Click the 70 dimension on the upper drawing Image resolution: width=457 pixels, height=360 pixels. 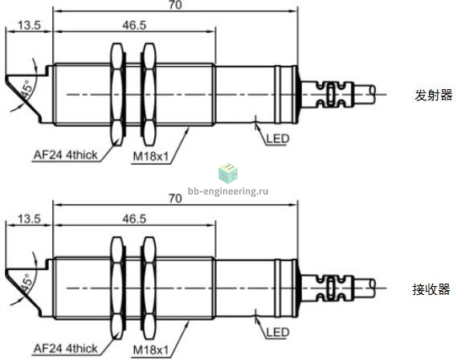click(x=175, y=5)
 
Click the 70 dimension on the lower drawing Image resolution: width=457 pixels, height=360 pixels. click(x=175, y=198)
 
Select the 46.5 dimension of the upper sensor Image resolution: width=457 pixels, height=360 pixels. click(x=134, y=26)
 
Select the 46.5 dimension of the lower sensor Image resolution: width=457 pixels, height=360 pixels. click(x=134, y=219)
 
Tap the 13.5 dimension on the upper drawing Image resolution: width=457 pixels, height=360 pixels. click(x=29, y=26)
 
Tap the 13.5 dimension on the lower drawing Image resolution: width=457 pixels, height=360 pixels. click(x=29, y=219)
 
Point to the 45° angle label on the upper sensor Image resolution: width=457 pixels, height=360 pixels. click(x=26, y=89)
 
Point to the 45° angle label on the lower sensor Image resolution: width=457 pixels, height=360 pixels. click(x=26, y=283)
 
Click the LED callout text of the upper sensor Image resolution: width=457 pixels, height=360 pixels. click(x=278, y=139)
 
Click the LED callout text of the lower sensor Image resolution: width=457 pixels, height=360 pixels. click(x=278, y=333)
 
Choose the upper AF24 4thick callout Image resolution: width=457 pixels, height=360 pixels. click(x=66, y=155)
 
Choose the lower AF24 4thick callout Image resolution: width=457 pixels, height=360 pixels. click(x=66, y=348)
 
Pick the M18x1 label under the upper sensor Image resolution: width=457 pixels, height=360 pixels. click(x=151, y=157)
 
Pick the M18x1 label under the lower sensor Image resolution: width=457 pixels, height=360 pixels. click(x=151, y=350)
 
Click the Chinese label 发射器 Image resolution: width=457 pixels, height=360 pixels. click(x=434, y=96)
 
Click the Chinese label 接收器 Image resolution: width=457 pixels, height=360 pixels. click(x=431, y=289)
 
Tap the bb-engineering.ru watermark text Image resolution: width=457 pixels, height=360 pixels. click(x=228, y=191)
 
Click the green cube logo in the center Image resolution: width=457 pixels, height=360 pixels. click(x=228, y=173)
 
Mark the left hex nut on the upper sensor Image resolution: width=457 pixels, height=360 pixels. click(x=117, y=95)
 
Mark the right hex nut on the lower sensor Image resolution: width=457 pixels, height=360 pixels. click(x=149, y=288)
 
